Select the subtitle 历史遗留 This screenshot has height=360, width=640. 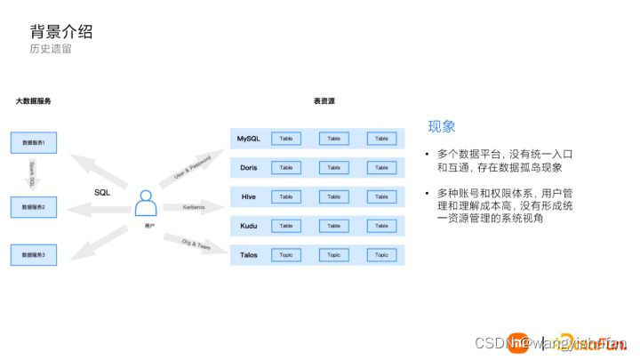(x=51, y=49)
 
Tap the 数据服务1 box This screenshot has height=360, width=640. (x=39, y=142)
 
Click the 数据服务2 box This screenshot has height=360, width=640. (x=39, y=207)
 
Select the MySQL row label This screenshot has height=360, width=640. (x=248, y=139)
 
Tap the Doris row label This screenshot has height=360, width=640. (x=249, y=168)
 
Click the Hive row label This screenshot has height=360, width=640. (x=249, y=196)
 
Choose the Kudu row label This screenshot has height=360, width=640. (x=249, y=226)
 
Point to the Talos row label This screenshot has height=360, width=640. (x=249, y=255)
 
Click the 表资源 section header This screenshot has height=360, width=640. (x=324, y=101)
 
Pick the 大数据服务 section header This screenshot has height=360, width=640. (x=33, y=101)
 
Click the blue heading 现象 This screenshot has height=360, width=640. (x=442, y=126)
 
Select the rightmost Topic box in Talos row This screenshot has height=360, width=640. (x=381, y=255)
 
